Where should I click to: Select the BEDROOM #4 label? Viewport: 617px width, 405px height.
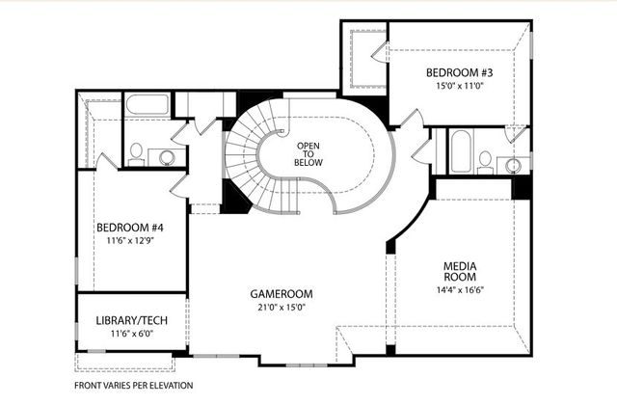130,228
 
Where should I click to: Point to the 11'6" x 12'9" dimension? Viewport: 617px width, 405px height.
130,242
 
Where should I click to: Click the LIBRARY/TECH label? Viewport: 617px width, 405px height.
132,320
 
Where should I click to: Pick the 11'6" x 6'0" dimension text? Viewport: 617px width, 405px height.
132,335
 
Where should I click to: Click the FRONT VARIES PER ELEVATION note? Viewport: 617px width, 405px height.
134,386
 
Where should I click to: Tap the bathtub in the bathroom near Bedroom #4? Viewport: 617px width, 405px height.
147,105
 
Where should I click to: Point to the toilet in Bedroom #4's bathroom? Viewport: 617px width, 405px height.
137,153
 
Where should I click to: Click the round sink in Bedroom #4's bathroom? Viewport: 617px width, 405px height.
167,157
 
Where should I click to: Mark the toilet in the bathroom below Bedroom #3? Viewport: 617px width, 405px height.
485,160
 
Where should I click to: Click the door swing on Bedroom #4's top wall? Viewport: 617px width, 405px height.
108,162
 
